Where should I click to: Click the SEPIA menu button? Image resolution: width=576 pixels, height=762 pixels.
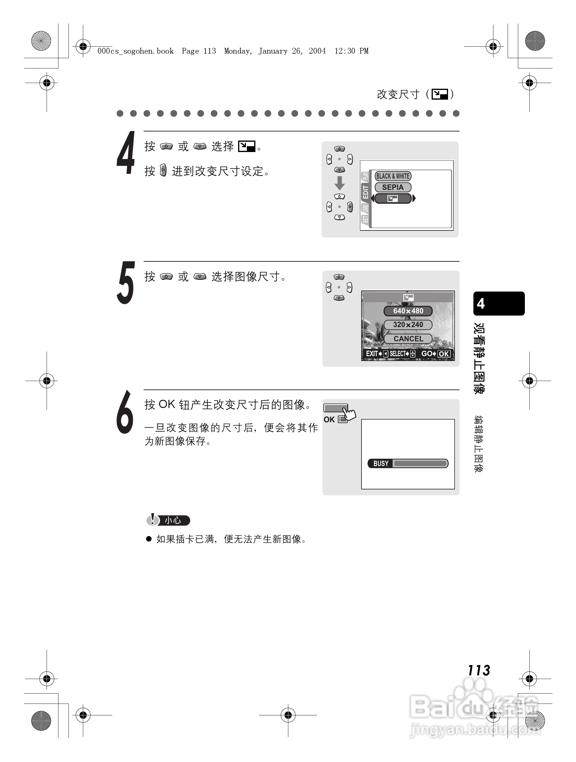coord(393,187)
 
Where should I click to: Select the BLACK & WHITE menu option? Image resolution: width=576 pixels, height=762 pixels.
coord(393,176)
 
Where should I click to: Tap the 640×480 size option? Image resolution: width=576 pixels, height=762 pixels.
coord(408,311)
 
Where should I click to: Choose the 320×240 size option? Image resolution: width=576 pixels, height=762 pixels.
coord(408,324)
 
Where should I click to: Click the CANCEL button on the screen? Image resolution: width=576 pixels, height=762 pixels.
coord(408,339)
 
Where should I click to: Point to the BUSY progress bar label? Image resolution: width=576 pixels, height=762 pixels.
coord(381,463)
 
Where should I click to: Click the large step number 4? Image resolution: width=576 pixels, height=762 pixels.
coord(126,153)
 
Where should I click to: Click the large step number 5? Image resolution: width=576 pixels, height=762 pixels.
coord(126,283)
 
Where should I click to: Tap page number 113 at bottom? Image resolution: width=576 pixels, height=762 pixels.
coord(479,670)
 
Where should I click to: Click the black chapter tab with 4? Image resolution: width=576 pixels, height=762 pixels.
coord(499,303)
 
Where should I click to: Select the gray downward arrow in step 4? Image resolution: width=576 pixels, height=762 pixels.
coord(340,183)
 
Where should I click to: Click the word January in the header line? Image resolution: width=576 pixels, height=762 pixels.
coord(273,51)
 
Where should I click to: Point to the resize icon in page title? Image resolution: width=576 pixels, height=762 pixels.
coord(440,94)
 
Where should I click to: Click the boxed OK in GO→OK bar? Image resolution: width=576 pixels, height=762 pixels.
coord(443,354)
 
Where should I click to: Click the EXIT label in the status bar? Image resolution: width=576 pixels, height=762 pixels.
coord(371,354)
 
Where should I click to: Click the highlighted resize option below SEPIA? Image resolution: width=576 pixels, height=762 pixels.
coord(393,198)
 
